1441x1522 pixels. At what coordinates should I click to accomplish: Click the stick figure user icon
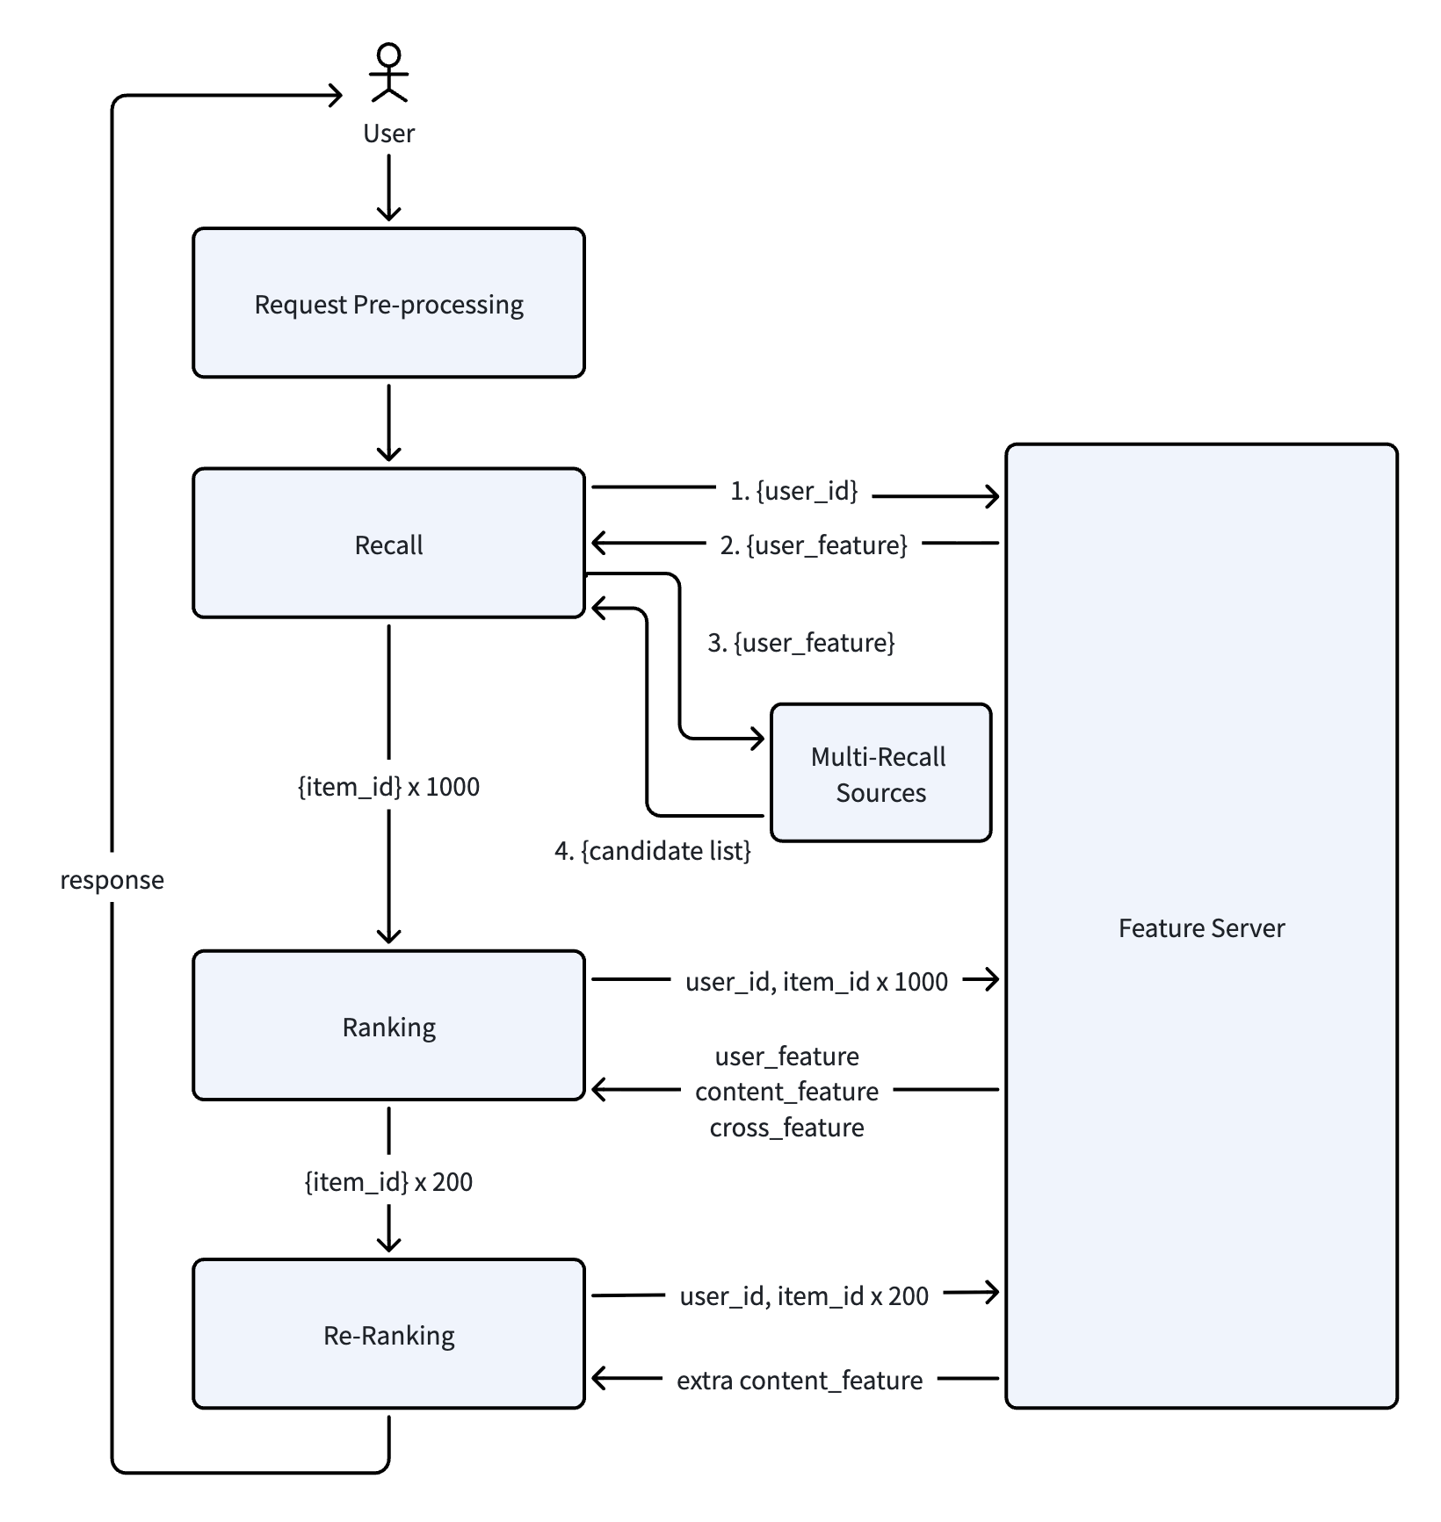click(x=388, y=73)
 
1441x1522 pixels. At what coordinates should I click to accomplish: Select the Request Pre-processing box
click(x=388, y=303)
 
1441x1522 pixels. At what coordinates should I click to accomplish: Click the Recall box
click(x=388, y=544)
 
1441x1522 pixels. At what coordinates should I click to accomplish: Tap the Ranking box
click(x=388, y=1026)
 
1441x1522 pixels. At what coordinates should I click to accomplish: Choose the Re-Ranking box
click(x=388, y=1334)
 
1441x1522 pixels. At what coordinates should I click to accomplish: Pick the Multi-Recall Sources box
click(x=880, y=773)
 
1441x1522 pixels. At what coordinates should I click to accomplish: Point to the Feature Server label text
click(x=1201, y=928)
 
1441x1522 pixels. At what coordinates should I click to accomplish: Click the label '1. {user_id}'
click(x=793, y=491)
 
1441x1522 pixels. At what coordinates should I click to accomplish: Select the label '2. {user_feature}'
click(x=814, y=545)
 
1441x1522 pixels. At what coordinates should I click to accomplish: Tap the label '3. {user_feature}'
click(x=801, y=643)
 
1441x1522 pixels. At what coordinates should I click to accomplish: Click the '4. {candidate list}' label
click(x=653, y=851)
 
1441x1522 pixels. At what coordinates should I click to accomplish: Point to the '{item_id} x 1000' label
click(x=388, y=787)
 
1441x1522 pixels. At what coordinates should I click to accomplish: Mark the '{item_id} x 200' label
click(x=388, y=1182)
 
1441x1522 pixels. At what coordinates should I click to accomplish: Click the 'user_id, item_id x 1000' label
click(x=816, y=982)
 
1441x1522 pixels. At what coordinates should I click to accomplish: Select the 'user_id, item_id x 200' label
click(x=804, y=1296)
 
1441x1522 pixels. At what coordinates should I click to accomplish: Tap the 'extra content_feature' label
click(x=800, y=1381)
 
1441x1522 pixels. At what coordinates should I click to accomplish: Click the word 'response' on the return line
click(x=112, y=881)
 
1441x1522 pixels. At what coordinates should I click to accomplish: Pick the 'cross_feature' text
click(x=786, y=1128)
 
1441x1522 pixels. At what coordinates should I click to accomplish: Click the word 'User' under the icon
click(x=388, y=133)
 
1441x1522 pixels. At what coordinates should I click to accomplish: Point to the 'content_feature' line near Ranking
click(x=786, y=1092)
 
